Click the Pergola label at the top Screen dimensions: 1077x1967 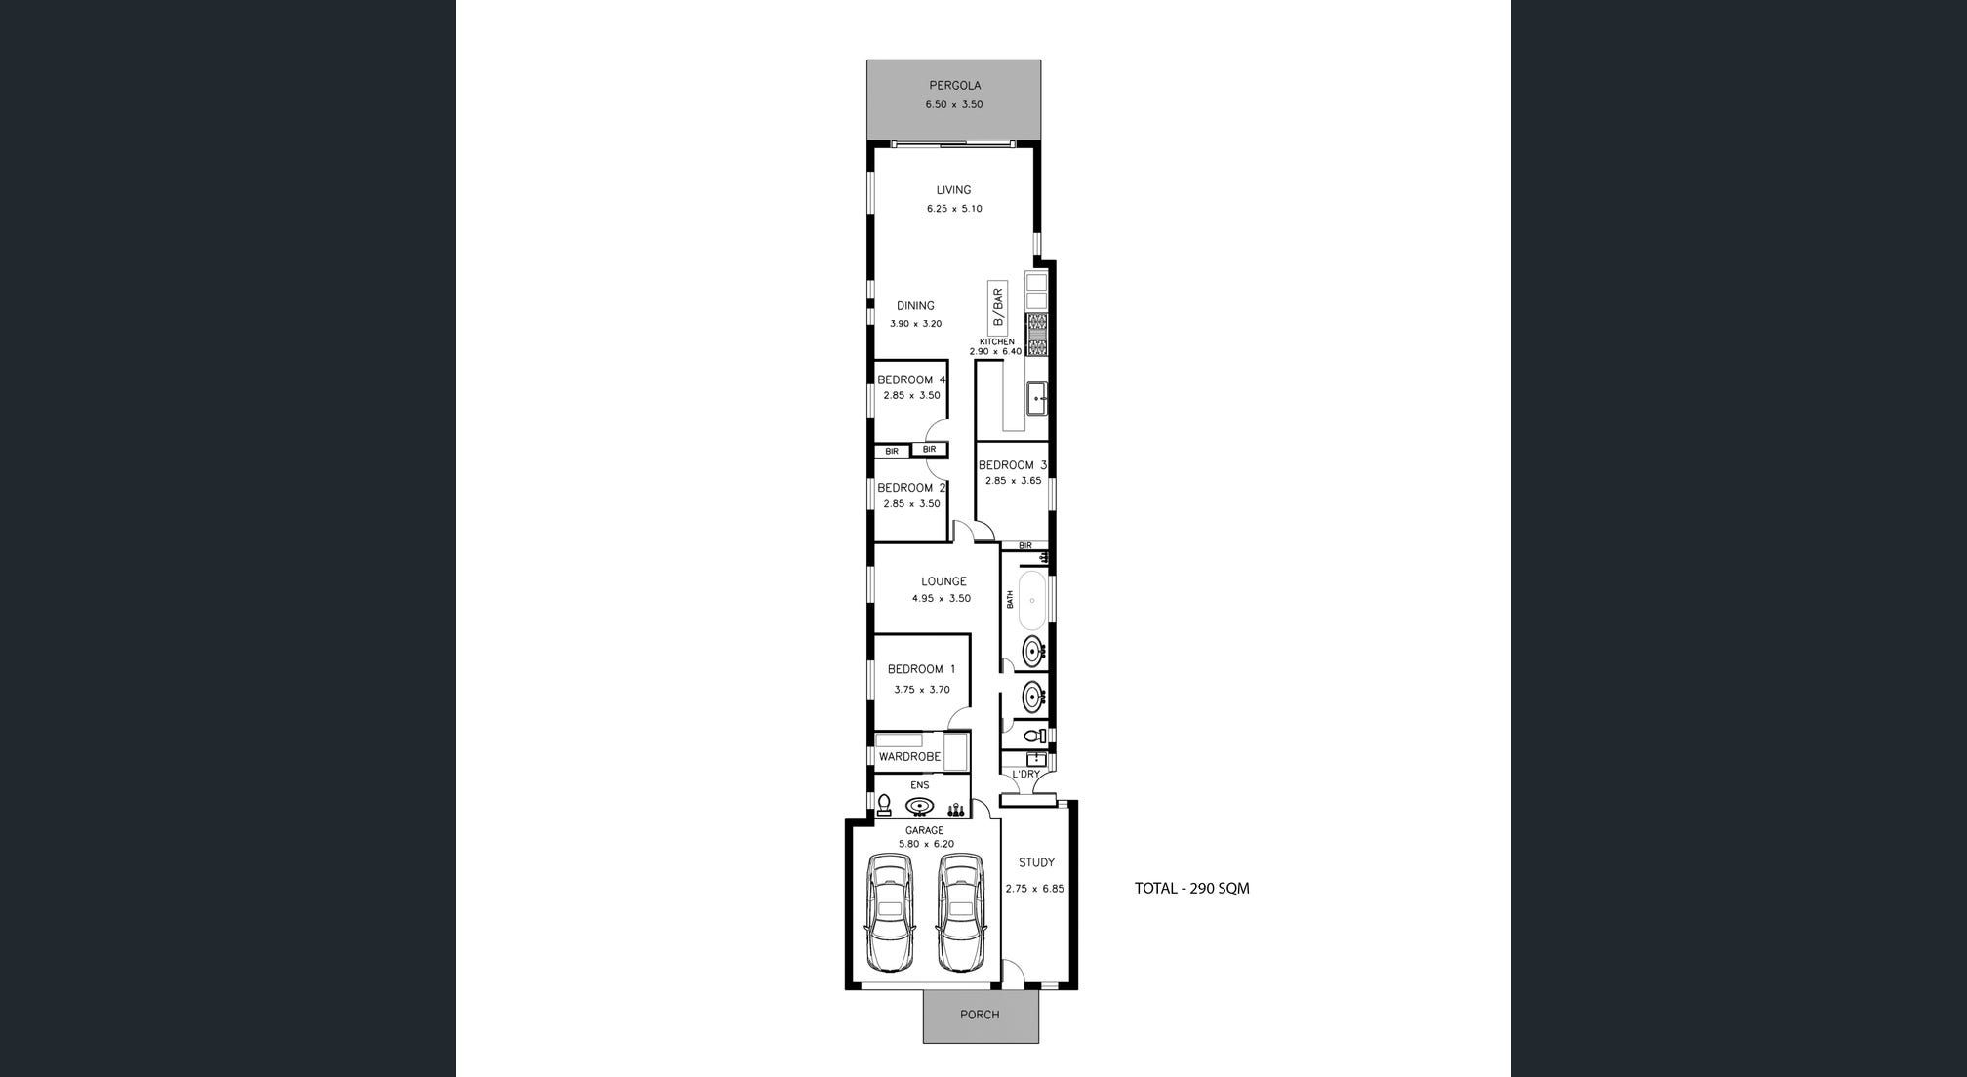coord(954,86)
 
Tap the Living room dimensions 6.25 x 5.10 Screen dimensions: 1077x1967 coord(954,209)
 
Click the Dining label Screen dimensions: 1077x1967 coord(915,306)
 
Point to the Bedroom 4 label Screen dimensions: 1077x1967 coord(911,379)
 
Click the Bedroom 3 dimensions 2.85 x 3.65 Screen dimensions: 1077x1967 coord(1013,481)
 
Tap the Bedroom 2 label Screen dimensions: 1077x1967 coord(911,488)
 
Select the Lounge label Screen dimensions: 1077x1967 coord(943,581)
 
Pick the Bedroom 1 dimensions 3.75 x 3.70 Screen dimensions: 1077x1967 coord(921,690)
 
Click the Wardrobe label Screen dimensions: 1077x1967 coord(909,757)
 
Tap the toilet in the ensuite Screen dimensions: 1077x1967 coord(884,805)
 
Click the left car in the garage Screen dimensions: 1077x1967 coord(890,913)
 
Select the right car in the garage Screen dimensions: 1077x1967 coord(960,913)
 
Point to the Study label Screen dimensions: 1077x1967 coord(1036,863)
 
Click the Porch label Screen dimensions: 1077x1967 coord(980,1015)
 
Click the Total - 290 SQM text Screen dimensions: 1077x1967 coord(1191,889)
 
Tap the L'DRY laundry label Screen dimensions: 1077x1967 coord(1025,775)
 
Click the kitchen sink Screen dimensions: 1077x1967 coord(1037,398)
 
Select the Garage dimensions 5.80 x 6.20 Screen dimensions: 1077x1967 coord(926,844)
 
